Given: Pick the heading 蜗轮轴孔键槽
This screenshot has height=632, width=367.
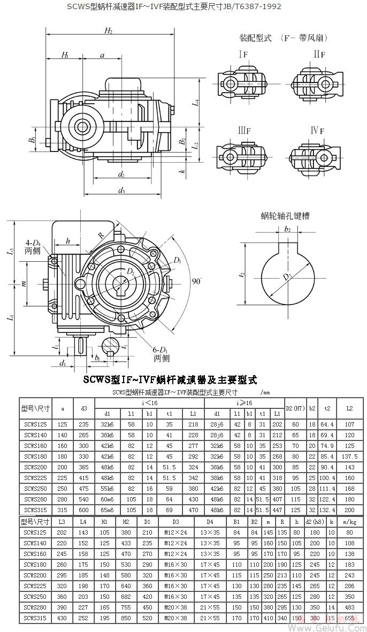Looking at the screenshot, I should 285,216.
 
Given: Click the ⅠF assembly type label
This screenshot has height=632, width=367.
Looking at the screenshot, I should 243,55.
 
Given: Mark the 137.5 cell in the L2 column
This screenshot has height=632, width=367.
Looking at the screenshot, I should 349,456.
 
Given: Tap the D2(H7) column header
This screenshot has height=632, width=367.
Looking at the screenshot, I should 295,408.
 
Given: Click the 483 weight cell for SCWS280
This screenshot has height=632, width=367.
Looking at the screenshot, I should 350,607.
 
